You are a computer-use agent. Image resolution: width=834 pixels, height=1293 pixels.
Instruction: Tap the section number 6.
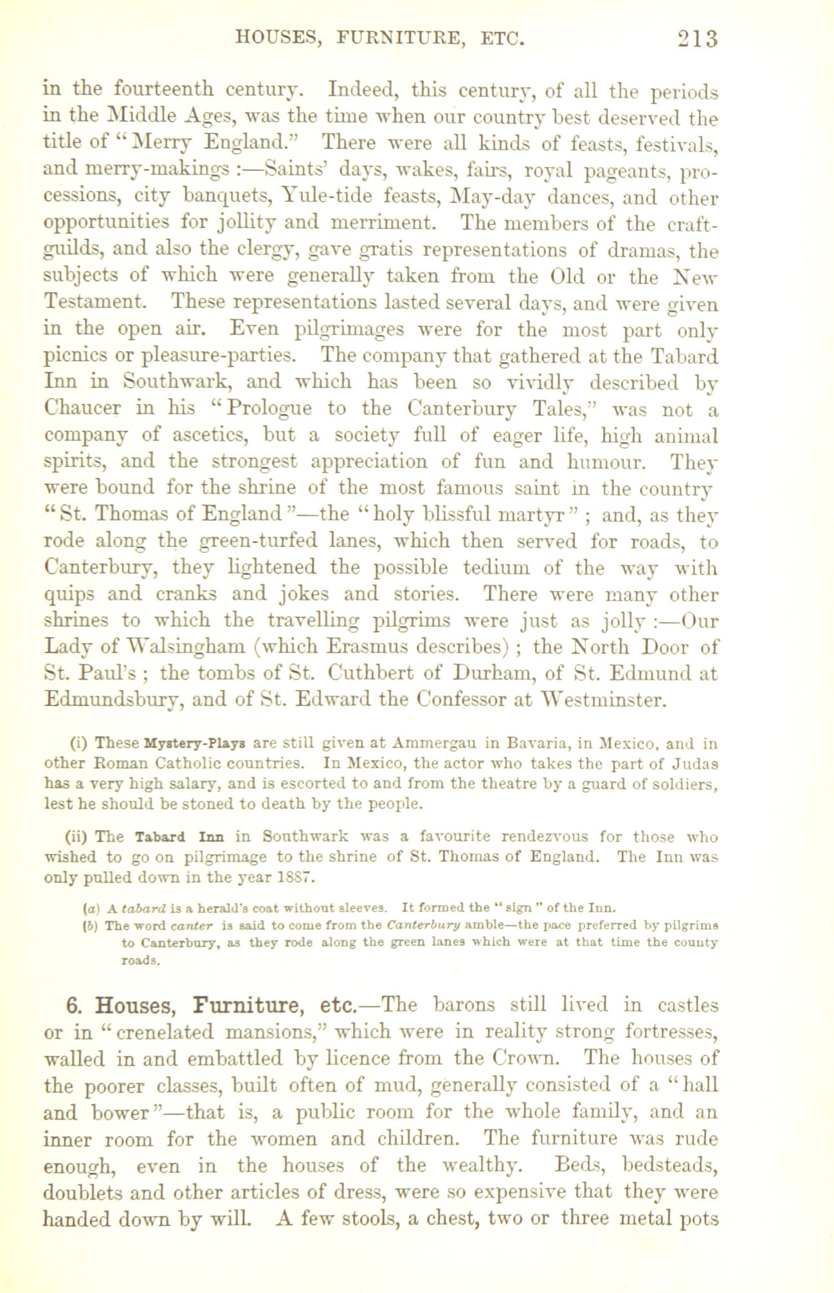tap(72, 1006)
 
